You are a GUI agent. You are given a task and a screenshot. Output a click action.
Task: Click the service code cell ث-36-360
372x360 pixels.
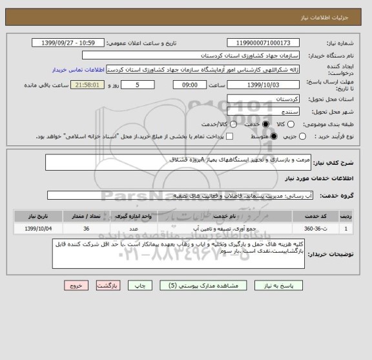click(x=316, y=228)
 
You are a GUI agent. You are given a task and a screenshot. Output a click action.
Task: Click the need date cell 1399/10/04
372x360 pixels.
click(x=32, y=228)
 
